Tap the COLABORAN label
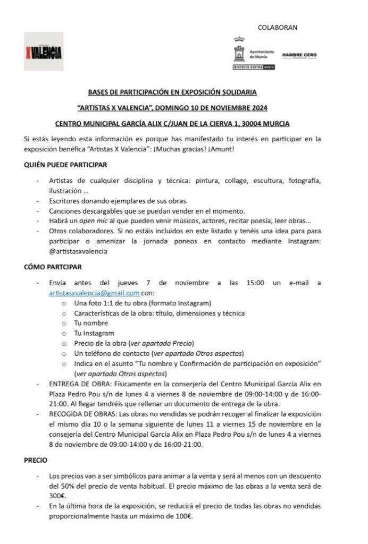[x=277, y=27]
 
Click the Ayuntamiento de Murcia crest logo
[x=238, y=52]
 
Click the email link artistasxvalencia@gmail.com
[x=94, y=293]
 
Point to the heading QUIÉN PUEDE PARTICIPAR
[x=65, y=165]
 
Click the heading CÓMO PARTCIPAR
[x=53, y=267]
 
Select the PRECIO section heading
[x=36, y=461]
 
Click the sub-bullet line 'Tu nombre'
[x=91, y=323]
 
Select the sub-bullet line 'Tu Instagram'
[x=94, y=333]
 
